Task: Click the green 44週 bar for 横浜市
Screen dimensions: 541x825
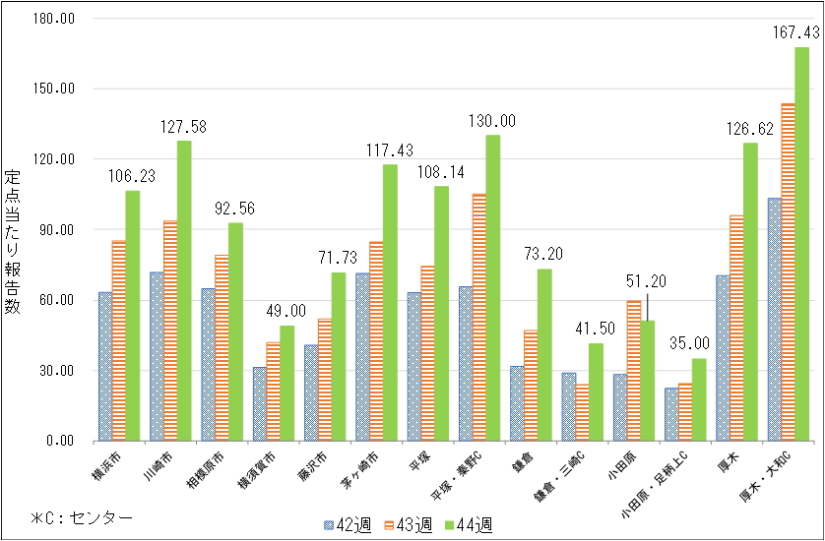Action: point(132,315)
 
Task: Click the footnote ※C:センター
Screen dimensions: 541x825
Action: point(81,515)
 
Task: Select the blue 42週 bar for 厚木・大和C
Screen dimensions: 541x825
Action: point(775,320)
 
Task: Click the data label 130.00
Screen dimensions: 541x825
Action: point(492,121)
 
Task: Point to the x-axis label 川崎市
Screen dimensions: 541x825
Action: point(156,464)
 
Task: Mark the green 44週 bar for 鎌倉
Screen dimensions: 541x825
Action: point(544,354)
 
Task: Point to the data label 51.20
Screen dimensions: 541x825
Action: point(647,281)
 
